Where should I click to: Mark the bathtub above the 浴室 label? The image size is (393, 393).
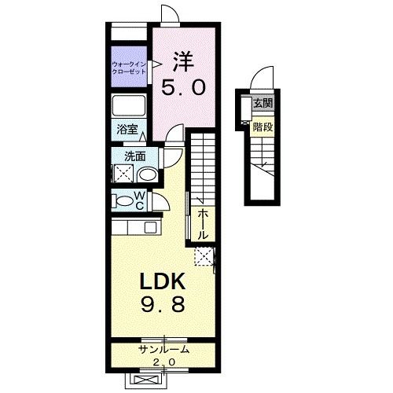pos(128,106)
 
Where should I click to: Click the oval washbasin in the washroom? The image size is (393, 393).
pos(147,174)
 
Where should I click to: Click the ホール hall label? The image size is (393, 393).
pos(203,224)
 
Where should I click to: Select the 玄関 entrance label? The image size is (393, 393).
pos(263,103)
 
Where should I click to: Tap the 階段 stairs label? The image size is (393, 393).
pos(263,126)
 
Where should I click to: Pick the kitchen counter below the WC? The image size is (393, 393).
pos(137,229)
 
